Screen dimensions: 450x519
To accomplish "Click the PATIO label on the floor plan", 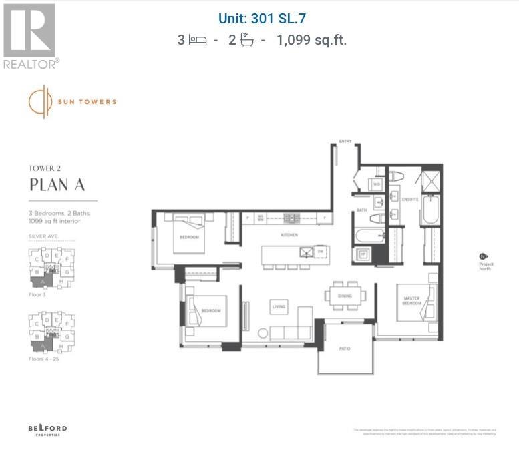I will click(345, 349).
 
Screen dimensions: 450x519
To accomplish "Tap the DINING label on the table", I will click(345, 296).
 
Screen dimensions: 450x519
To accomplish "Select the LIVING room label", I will click(279, 306).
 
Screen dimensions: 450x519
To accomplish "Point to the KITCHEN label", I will click(289, 235).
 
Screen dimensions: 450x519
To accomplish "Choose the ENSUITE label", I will click(410, 199).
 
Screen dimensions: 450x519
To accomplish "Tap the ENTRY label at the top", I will click(345, 142).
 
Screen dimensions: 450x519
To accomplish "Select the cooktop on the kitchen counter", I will click(291, 218).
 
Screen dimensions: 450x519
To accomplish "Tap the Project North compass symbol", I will click(482, 256).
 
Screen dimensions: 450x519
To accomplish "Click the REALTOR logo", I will click(31, 37).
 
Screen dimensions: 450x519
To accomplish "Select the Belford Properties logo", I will click(47, 429).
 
